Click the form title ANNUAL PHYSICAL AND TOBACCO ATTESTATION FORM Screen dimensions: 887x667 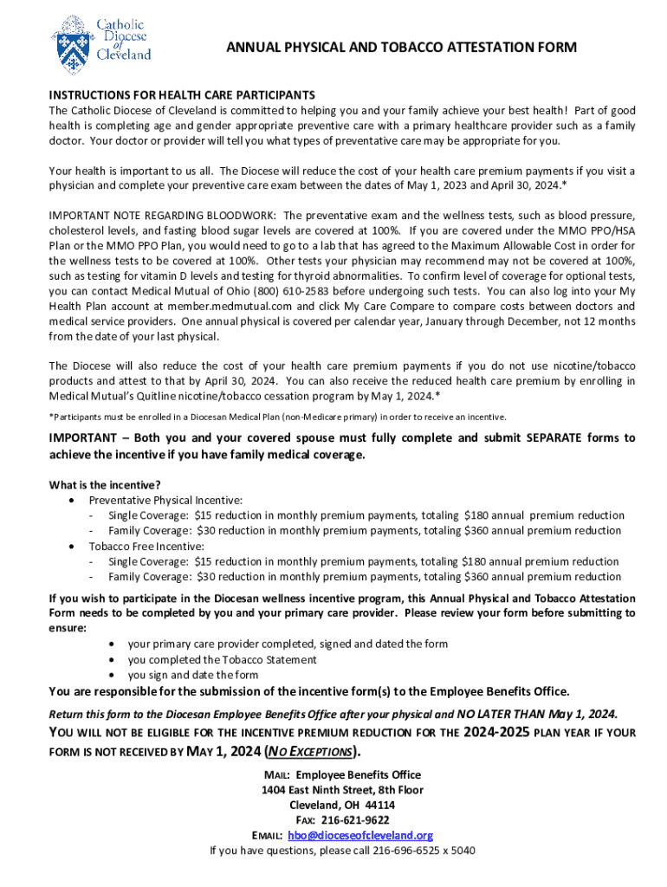(401, 48)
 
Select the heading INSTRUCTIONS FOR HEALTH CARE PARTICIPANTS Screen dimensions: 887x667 (182, 94)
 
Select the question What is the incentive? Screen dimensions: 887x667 (105, 484)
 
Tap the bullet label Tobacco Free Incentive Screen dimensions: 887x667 (146, 546)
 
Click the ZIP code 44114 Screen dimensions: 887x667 (379, 805)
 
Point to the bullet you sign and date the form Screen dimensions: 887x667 (193, 675)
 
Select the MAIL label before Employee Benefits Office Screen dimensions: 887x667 (278, 774)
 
